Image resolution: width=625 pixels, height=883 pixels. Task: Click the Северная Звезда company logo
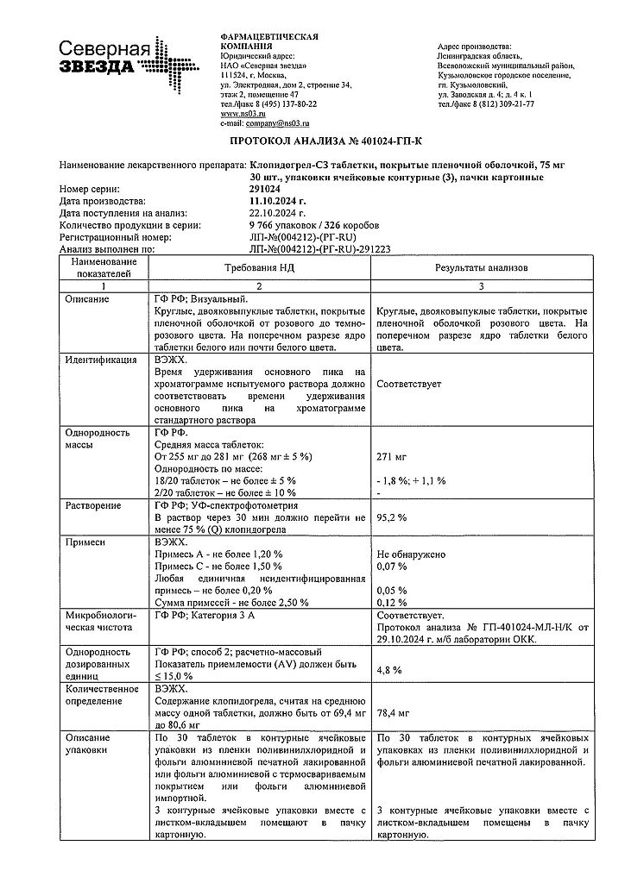coord(117,59)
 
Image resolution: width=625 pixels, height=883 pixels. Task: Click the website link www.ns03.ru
coord(243,113)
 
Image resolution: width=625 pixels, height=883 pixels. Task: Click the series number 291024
coord(265,188)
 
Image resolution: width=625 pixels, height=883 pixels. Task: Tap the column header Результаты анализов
coord(481,268)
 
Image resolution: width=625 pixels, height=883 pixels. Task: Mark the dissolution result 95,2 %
coord(392,517)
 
